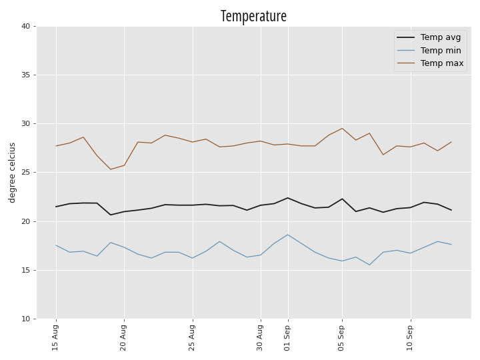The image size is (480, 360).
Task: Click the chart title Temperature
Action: [253, 16]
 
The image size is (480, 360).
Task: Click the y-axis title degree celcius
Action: [12, 173]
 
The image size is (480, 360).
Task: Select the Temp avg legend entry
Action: [429, 37]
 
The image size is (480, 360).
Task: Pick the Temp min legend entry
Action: [429, 50]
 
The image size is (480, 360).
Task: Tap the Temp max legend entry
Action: [430, 63]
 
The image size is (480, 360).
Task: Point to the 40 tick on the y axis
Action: [26, 26]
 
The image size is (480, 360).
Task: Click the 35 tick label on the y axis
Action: [26, 75]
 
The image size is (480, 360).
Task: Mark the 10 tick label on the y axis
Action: [26, 319]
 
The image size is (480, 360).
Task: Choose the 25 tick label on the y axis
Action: [26, 173]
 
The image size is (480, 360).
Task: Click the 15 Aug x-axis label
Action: [55, 337]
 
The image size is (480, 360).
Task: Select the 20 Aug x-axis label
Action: [123, 337]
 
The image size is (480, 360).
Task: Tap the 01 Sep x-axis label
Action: [287, 337]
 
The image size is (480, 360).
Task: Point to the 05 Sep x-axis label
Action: [341, 337]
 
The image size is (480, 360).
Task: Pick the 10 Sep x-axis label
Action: [409, 337]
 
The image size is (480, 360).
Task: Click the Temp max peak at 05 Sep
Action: [342, 128]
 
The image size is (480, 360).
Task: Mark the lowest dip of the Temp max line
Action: [111, 169]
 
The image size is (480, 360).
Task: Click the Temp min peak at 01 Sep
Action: [288, 235]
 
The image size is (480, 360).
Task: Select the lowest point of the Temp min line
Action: [369, 265]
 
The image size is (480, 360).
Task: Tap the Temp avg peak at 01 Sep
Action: [288, 198]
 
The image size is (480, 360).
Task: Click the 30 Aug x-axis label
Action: [259, 337]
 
